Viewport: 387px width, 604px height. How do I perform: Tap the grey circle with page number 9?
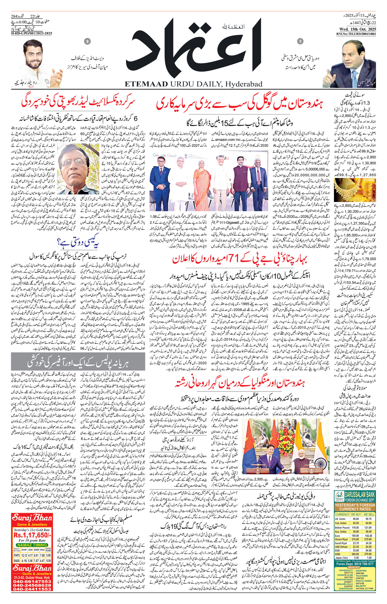[88, 42]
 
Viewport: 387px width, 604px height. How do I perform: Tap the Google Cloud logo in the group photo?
[165, 156]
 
